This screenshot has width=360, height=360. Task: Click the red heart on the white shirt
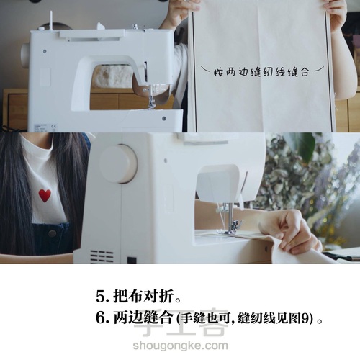(x=45, y=195)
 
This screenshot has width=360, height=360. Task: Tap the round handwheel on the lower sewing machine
(x=119, y=163)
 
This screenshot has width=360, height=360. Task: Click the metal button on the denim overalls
(x=51, y=233)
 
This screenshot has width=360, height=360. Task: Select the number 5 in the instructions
(x=99, y=297)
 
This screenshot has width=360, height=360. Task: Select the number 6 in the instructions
(x=100, y=318)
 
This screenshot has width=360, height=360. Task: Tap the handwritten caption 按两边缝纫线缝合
(x=261, y=72)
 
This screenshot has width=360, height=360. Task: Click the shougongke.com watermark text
(x=180, y=346)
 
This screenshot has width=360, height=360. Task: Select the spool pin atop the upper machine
(x=51, y=20)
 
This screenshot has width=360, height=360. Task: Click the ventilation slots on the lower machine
(x=102, y=257)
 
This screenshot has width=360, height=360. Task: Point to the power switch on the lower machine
(x=132, y=260)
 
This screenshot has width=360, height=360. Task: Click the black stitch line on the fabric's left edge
(x=194, y=72)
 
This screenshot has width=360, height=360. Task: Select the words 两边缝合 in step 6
(x=143, y=318)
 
